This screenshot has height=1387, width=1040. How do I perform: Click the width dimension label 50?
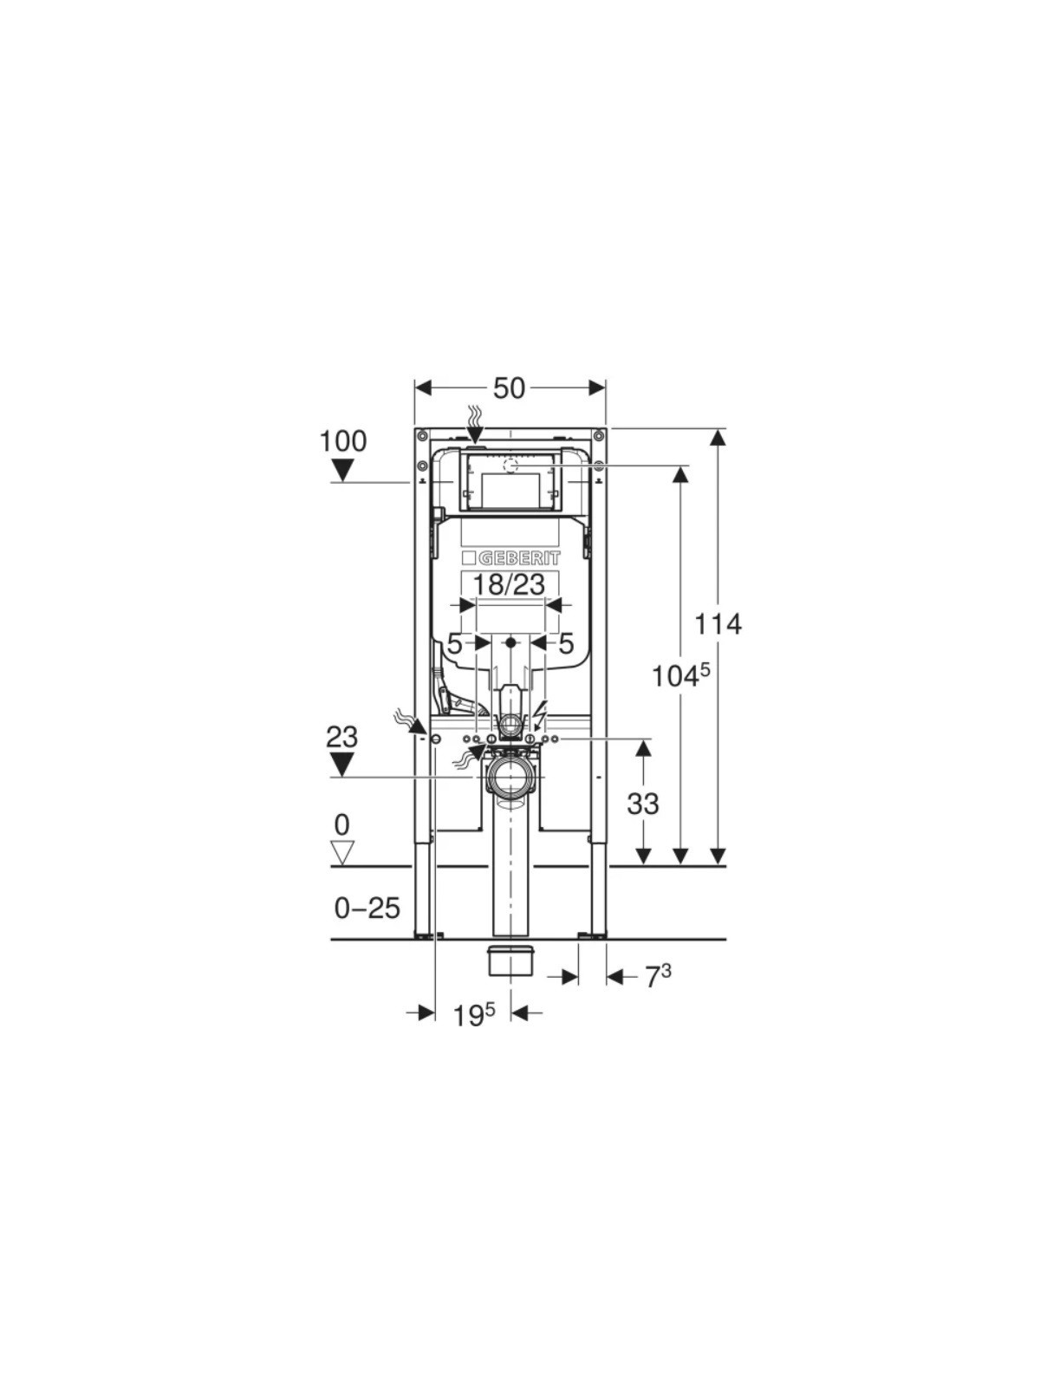509,388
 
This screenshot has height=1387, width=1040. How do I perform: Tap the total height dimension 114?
718,624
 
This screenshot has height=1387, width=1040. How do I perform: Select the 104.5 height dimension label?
681,675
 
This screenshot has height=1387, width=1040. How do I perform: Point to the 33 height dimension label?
643,804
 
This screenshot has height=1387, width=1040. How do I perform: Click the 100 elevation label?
343,441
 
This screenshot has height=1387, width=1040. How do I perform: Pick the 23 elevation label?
341,737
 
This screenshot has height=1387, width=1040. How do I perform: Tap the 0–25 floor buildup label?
367,908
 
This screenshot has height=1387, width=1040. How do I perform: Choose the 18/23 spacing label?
509,584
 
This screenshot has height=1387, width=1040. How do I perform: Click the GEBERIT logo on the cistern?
510,558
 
